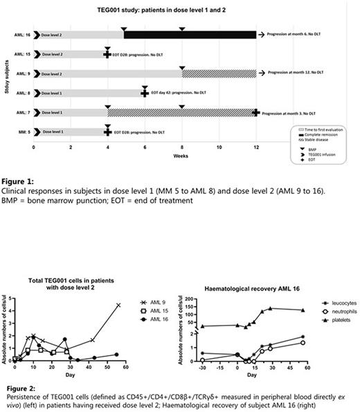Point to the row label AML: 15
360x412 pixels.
(x=22, y=53)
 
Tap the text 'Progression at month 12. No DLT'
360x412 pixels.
(x=294, y=73)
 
